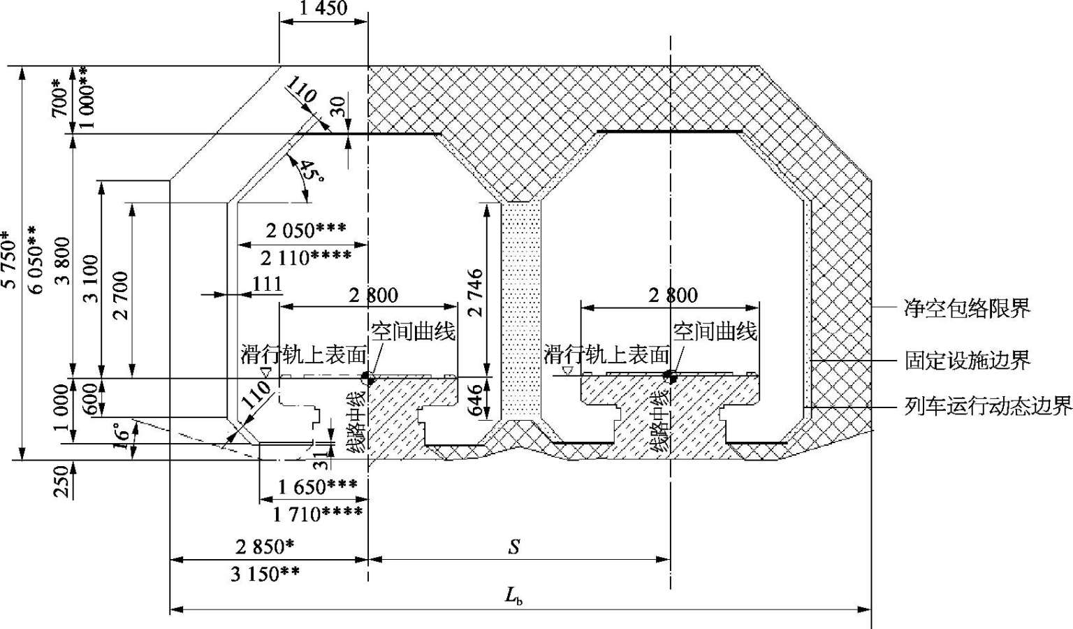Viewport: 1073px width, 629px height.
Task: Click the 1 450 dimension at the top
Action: pyautogui.click(x=323, y=8)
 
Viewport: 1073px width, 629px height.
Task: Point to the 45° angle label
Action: pyautogui.click(x=311, y=172)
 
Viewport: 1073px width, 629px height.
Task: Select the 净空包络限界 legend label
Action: pyautogui.click(x=967, y=308)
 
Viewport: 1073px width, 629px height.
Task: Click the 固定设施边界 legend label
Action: pyautogui.click(x=967, y=360)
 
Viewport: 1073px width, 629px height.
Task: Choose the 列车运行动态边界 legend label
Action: pyautogui.click(x=988, y=407)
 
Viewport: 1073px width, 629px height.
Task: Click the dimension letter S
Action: pyautogui.click(x=514, y=546)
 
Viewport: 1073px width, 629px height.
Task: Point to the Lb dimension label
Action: pyautogui.click(x=513, y=596)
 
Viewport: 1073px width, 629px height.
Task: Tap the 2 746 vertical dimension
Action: pyautogui.click(x=475, y=292)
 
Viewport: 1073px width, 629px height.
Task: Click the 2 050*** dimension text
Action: pyautogui.click(x=305, y=231)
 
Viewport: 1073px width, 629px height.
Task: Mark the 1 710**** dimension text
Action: pyautogui.click(x=317, y=514)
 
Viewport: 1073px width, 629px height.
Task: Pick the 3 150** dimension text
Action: pyautogui.click(x=265, y=573)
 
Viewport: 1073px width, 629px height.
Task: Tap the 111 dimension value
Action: pyautogui.click(x=267, y=284)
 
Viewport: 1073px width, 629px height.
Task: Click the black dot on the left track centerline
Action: pyautogui.click(x=368, y=378)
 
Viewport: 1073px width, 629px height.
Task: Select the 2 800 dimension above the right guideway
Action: pyautogui.click(x=673, y=296)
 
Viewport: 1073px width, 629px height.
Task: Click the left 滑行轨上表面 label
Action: pyautogui.click(x=303, y=355)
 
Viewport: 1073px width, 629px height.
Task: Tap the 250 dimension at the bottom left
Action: pyautogui.click(x=61, y=482)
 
